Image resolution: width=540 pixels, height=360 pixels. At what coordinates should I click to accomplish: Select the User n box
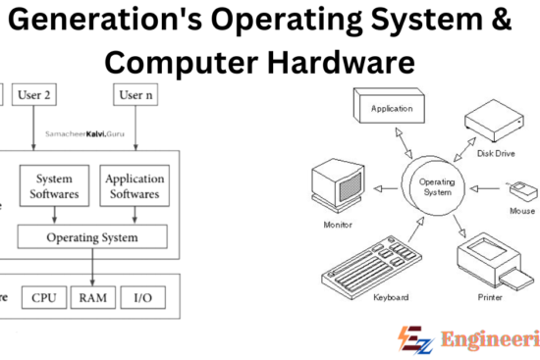click(136, 96)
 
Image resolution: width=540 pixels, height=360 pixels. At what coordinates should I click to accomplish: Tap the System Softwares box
click(54, 186)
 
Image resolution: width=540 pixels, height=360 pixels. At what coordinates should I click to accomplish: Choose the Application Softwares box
click(134, 186)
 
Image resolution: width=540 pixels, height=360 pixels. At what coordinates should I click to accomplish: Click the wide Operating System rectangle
click(93, 237)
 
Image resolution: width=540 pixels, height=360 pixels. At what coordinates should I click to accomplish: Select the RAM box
click(93, 297)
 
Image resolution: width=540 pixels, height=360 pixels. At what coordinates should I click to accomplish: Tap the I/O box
click(143, 297)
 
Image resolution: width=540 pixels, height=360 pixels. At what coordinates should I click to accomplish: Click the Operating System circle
click(437, 187)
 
